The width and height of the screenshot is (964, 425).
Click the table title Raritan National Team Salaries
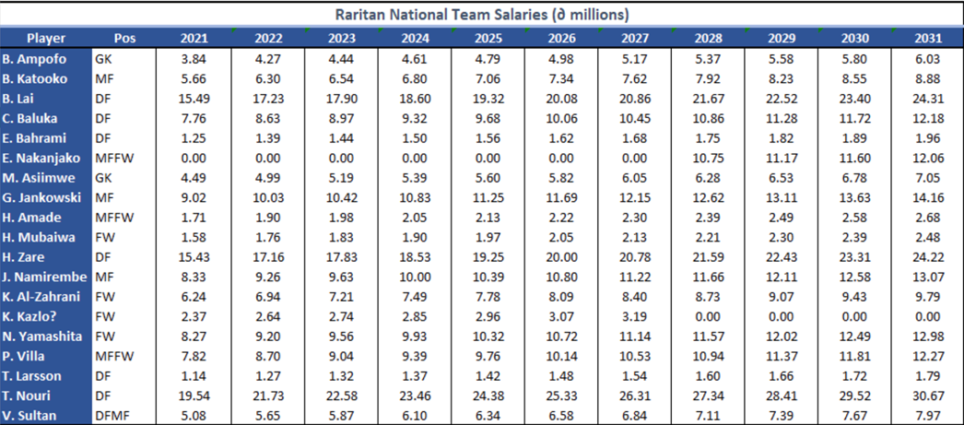pyautogui.click(x=482, y=15)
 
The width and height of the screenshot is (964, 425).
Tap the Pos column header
pyautogui.click(x=123, y=39)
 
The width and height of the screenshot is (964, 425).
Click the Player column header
pyautogui.click(x=45, y=39)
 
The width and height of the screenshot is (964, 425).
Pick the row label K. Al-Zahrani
pyautogui.click(x=42, y=297)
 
